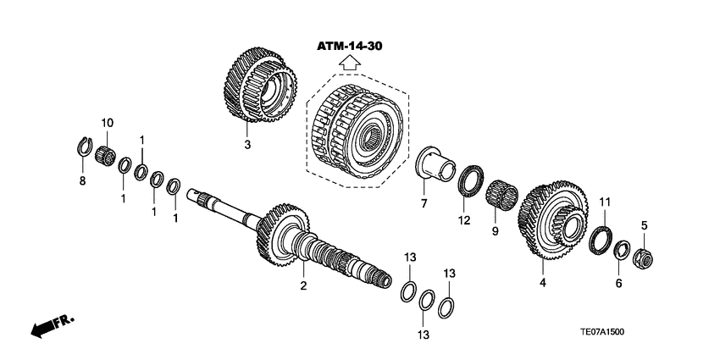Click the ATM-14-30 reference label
click(x=350, y=47)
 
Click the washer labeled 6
click(x=621, y=250)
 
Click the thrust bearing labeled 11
click(x=602, y=236)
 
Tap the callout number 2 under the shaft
click(x=302, y=286)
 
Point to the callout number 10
click(x=107, y=123)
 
